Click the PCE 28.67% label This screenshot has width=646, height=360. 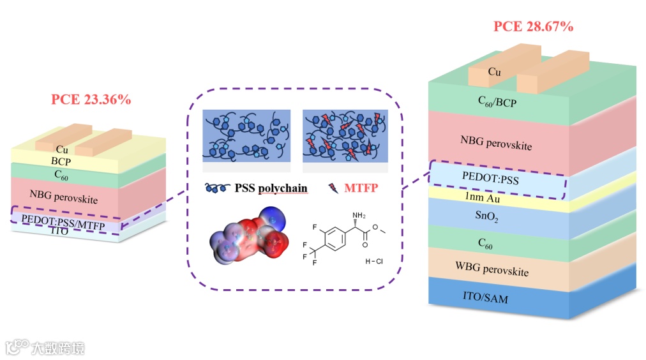[533, 27]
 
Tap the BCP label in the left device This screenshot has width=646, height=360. [61, 161]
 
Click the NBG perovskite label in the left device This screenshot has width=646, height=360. [64, 196]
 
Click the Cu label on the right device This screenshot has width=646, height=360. [493, 71]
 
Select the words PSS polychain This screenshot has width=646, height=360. [271, 188]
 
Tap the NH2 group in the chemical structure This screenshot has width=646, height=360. [360, 216]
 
